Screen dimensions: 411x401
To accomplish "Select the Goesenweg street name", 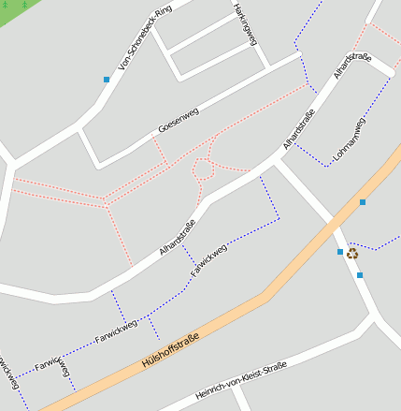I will click(179, 119).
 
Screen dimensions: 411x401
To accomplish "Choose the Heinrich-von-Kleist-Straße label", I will click(239, 382).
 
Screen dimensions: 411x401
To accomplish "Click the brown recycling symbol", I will click(352, 253).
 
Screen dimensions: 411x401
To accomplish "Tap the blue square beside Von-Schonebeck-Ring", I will click(107, 81).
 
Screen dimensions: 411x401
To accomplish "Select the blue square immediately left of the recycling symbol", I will click(340, 252).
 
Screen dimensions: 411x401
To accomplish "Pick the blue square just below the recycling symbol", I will click(359, 275).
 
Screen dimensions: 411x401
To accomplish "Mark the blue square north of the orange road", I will click(363, 202).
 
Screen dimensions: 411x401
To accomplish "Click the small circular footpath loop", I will click(202, 169).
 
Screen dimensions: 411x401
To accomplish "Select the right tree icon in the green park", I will click(24, 4).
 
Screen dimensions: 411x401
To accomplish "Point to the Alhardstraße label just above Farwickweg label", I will click(177, 238).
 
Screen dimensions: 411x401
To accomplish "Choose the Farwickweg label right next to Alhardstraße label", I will click(209, 259).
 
